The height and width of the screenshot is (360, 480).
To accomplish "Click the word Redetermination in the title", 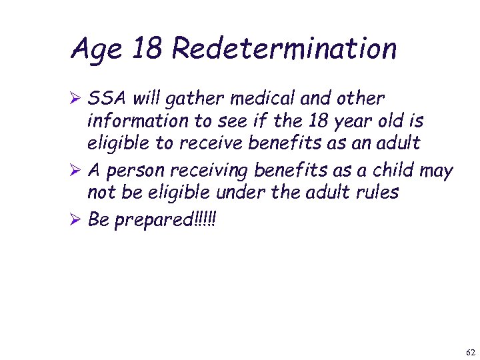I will point(285,49).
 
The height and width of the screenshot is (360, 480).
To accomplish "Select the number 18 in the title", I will point(149,49).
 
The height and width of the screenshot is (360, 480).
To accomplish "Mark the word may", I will point(437,171).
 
